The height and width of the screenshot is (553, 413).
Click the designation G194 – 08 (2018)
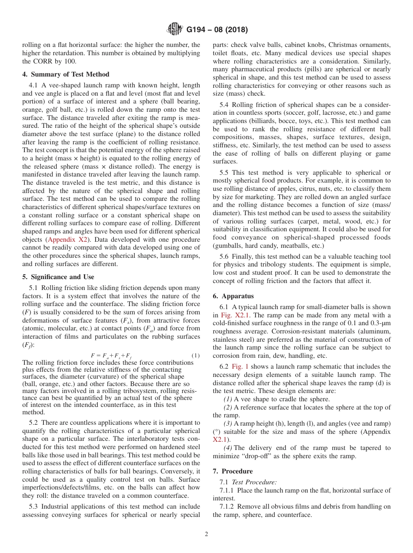click(217, 30)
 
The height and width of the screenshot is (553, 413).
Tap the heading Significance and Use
click(58, 277)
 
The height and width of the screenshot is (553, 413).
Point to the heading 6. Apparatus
click(233, 296)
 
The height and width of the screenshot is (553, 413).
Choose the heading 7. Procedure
click(233, 471)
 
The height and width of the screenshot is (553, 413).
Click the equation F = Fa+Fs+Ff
click(111, 356)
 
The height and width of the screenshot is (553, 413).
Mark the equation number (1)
click(196, 356)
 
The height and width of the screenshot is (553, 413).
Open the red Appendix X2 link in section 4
click(68, 240)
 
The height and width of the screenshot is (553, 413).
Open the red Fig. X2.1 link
click(235, 315)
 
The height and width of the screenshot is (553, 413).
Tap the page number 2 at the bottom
click(206, 534)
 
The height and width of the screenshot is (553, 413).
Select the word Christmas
click(343, 45)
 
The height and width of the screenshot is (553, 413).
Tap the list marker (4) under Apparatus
click(228, 448)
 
